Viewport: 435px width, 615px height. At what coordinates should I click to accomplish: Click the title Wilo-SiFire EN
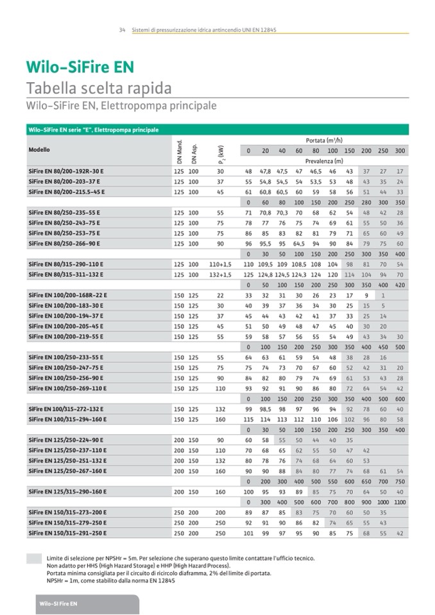click(79, 67)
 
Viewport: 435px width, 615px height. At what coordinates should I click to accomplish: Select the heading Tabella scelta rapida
click(98, 88)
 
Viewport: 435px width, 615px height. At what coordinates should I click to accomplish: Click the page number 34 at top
click(121, 29)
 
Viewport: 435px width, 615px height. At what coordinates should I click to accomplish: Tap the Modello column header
click(39, 150)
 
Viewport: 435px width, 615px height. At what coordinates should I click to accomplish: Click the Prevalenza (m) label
click(324, 161)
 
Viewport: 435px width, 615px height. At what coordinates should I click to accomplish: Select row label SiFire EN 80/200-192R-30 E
click(66, 171)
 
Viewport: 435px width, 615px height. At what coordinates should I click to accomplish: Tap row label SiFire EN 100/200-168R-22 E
click(68, 295)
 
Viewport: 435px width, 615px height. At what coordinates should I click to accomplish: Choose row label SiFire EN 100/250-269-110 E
click(68, 388)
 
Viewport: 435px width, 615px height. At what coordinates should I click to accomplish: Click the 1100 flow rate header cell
click(400, 501)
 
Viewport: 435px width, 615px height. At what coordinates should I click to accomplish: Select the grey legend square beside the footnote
click(33, 559)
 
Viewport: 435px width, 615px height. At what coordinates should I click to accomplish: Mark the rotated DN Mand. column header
click(180, 150)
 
